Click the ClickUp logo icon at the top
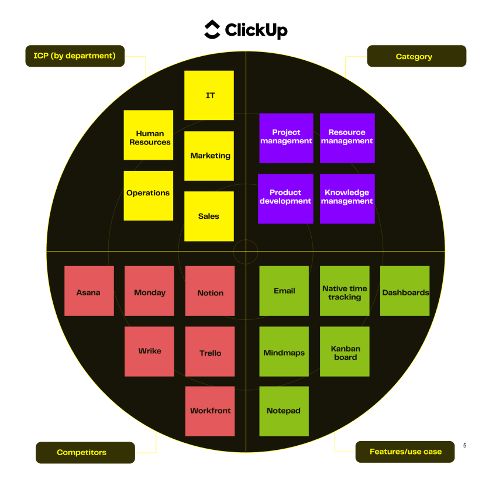[212, 29]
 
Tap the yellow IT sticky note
[209, 95]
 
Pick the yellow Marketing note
[209, 156]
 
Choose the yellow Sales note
[209, 216]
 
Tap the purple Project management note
[286, 138]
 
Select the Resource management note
[347, 138]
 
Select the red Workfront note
[210, 411]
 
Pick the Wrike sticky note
[149, 351]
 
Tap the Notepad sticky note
[284, 411]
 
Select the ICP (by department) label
[75, 56]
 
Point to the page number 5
[464, 446]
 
